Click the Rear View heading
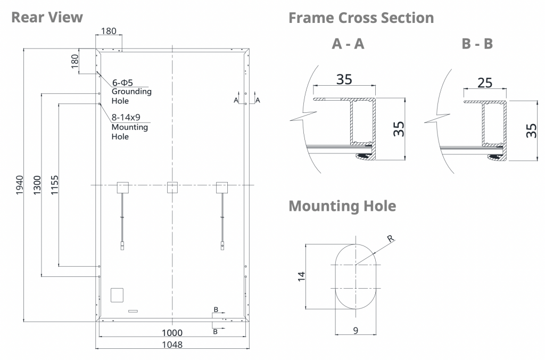click(x=47, y=17)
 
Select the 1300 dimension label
click(x=37, y=185)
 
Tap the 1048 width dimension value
click(x=172, y=345)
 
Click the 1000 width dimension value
click(x=172, y=333)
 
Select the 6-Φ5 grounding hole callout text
click(x=122, y=83)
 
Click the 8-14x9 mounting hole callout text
click(x=126, y=118)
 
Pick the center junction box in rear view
click(x=172, y=187)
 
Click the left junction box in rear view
click(x=123, y=187)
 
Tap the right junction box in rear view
click(x=221, y=187)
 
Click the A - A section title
click(x=348, y=44)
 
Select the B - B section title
click(x=477, y=44)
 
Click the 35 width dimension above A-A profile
click(x=344, y=79)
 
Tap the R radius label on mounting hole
click(x=391, y=239)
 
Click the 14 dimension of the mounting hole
click(x=301, y=276)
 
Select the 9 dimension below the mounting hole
click(x=356, y=330)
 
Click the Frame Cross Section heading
click(x=361, y=18)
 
